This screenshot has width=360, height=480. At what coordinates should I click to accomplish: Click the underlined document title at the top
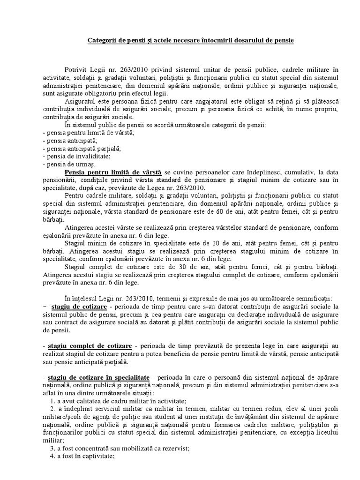coord(191,41)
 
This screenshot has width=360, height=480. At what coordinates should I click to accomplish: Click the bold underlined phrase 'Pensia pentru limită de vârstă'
coord(114,172)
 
